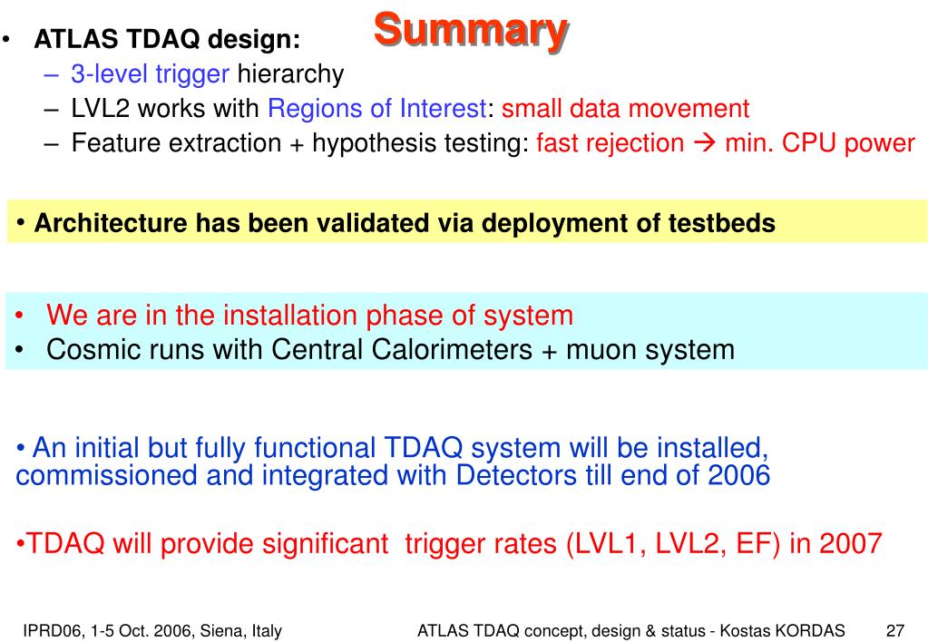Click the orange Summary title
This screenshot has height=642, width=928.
[x=471, y=30]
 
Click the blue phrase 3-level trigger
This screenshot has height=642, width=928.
[x=150, y=74]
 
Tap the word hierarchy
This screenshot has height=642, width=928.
[x=290, y=74]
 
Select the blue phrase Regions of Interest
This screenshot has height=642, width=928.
[x=377, y=108]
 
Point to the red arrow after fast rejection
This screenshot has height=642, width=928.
[x=704, y=143]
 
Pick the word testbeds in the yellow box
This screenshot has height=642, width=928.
[x=722, y=223]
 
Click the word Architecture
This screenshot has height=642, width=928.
[x=112, y=223]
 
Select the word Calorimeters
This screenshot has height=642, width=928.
[x=452, y=349]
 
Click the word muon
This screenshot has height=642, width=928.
[x=602, y=350]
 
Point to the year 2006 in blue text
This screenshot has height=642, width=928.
[x=739, y=475]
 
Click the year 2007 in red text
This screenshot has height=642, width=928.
[x=851, y=543]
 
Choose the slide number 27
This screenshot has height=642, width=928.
[x=895, y=631]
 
